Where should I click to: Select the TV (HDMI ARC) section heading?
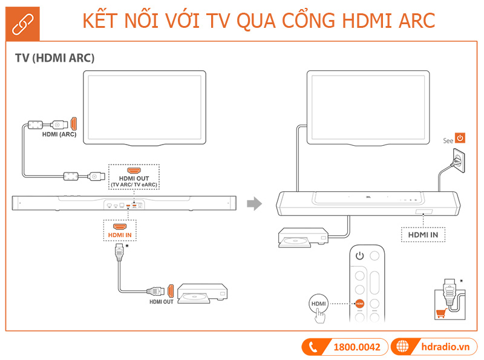point(55,58)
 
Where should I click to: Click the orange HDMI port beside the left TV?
point(74,123)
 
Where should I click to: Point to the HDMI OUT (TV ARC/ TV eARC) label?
point(134,181)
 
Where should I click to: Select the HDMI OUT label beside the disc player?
point(162,301)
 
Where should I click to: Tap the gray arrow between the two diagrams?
point(258,204)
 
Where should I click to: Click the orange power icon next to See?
point(460,138)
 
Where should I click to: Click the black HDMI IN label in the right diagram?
point(423,234)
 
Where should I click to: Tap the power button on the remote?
point(361,256)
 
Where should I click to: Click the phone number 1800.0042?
point(357,347)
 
